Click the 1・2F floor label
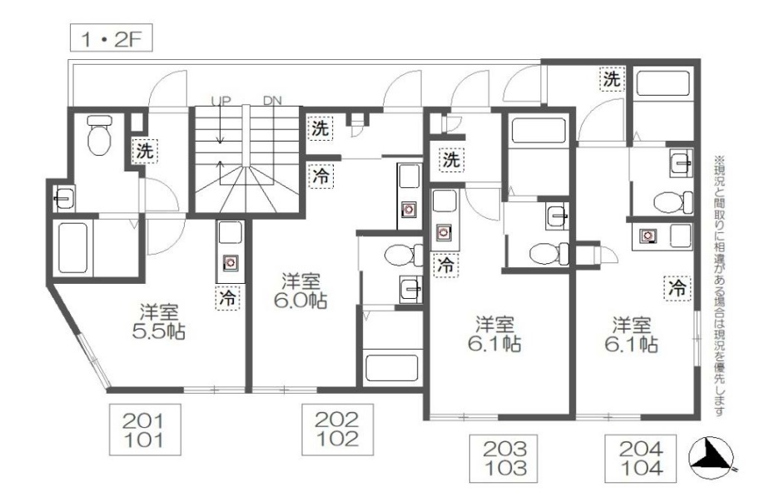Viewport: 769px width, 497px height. (x=111, y=37)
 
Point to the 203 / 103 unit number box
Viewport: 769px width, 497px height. (x=505, y=458)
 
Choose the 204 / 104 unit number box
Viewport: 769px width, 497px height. (x=641, y=458)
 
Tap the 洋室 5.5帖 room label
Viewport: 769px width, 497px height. (x=159, y=322)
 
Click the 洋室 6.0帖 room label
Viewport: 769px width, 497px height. (x=300, y=291)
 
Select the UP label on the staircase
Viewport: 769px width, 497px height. (x=221, y=101)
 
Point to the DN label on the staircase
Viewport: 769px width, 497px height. (x=272, y=101)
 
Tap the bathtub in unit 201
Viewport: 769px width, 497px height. (x=73, y=247)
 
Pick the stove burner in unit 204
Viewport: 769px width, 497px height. (x=647, y=236)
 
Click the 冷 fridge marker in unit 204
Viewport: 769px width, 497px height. (x=677, y=288)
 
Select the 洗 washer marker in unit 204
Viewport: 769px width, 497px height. (x=612, y=79)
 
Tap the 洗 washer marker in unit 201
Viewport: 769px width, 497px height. (x=144, y=152)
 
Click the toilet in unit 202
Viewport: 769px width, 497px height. (x=404, y=255)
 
